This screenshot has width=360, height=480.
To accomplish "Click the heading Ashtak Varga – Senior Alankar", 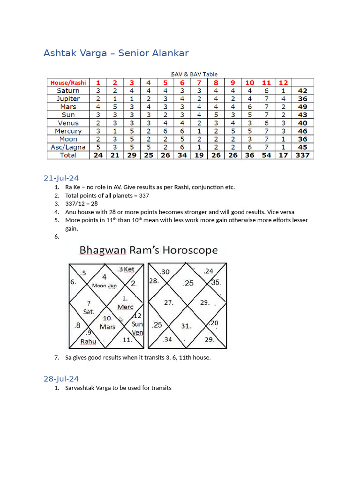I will click(116, 53).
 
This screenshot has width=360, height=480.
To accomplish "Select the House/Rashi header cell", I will click(68, 82).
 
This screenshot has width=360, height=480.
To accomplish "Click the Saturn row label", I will click(68, 90).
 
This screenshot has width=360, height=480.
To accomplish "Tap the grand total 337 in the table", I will click(302, 155).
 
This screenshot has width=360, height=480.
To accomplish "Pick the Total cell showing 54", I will click(266, 155).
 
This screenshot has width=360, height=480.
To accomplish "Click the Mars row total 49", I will click(302, 107).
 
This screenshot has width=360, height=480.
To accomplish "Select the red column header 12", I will click(283, 82).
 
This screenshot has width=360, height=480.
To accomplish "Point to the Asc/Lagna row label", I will click(68, 147).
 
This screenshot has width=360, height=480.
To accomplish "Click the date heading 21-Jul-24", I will click(61, 178).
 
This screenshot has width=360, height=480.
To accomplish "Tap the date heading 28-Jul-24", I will click(61, 378).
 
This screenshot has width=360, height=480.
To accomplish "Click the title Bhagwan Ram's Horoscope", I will click(149, 250).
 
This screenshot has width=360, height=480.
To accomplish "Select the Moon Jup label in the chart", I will click(105, 285).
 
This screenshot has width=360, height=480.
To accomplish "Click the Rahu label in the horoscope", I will click(88, 341).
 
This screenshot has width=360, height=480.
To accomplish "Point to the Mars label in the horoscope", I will click(107, 327).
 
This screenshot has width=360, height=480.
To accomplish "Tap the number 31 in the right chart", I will click(186, 326).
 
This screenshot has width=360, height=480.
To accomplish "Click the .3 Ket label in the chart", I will click(126, 269).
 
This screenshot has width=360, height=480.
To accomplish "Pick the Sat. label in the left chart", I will click(89, 312).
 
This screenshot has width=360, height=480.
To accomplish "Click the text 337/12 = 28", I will click(82, 203).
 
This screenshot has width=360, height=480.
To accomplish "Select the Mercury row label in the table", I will click(68, 131).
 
